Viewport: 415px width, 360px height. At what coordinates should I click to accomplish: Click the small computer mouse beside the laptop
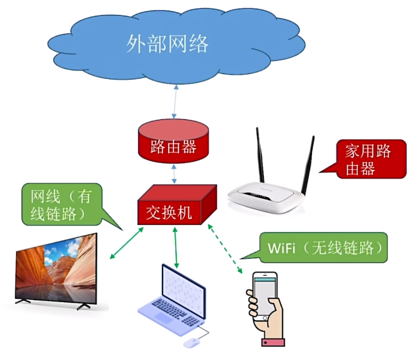coord(191,342)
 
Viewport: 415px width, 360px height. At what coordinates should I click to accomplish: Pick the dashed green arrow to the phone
coord(224,248)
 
